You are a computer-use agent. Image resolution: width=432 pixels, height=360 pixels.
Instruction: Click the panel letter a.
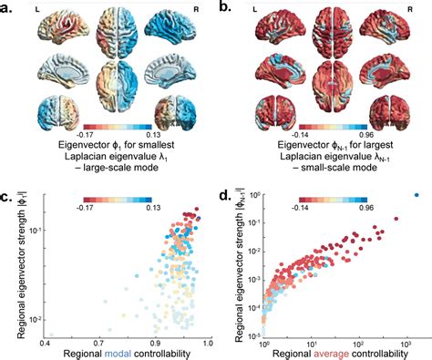click(x=7, y=7)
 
